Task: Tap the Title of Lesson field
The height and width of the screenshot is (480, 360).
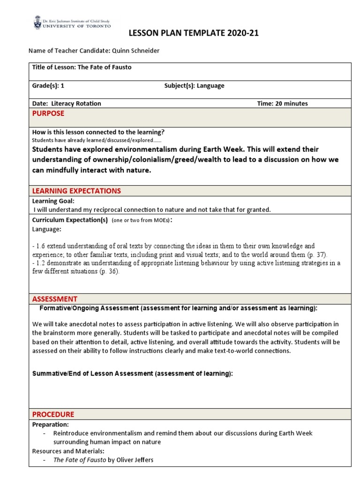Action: pos(82,67)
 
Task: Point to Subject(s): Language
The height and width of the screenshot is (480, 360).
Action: pos(194,86)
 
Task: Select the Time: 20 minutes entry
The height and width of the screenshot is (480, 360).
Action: pos(282,104)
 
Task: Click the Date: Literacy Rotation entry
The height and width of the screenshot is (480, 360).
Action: pos(66,104)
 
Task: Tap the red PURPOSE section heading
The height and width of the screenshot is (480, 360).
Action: pos(48,113)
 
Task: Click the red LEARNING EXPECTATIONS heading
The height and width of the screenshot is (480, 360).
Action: pos(76,191)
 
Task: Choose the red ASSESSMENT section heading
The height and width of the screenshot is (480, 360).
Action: pos(54,299)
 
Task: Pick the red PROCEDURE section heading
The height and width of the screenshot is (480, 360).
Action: pos(53,414)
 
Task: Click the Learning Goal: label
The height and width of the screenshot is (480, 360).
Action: pos(50,201)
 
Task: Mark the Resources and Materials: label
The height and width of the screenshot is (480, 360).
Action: pos(68,451)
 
